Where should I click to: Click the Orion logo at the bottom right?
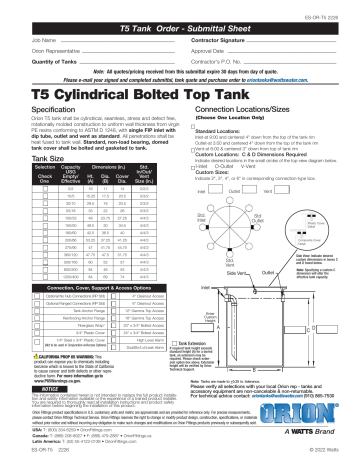pos(318,412)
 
